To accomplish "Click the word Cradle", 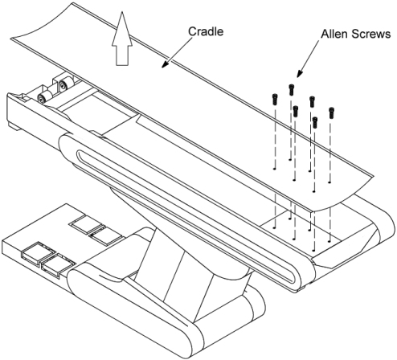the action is tap(206, 31).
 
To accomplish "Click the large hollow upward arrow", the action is tap(122, 39).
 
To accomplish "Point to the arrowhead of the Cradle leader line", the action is tap(165, 64).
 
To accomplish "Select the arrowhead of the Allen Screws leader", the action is tap(299, 74).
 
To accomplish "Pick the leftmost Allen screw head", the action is tap(275, 99).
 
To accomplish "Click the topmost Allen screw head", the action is tap(292, 89).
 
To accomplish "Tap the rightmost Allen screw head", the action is tap(332, 112).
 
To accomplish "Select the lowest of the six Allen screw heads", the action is tap(315, 122).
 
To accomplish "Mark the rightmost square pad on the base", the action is tap(107, 235).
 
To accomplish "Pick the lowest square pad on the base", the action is tap(58, 266).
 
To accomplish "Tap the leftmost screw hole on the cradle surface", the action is tap(274, 169).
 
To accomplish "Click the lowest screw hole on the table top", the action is tap(313, 251).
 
